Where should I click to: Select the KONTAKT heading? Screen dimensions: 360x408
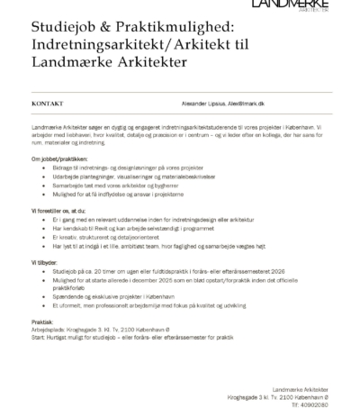tap(47, 104)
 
